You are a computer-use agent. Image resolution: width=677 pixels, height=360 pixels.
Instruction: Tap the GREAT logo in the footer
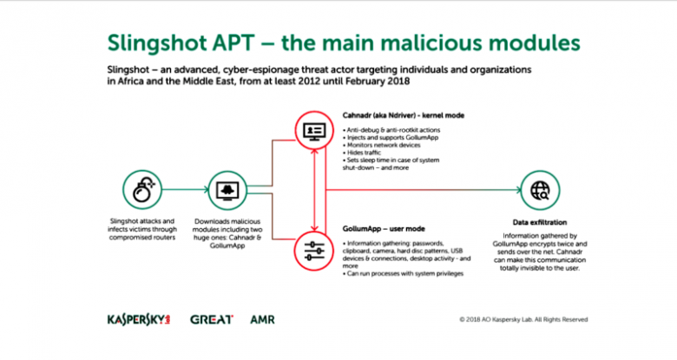pyautogui.click(x=210, y=319)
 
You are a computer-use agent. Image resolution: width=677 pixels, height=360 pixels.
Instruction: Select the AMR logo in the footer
pyautogui.click(x=262, y=319)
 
